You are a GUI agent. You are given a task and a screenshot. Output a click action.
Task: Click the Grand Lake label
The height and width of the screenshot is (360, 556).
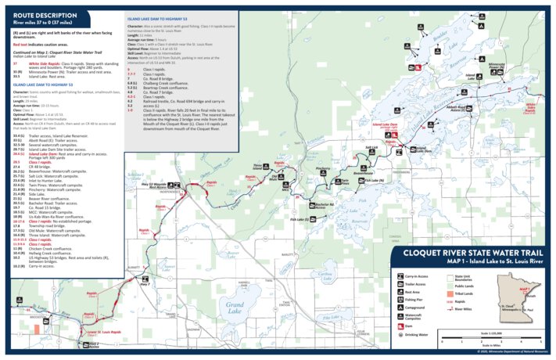pos(234,305)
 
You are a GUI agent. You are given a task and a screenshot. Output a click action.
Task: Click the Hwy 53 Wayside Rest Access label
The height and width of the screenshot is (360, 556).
pos(157,185)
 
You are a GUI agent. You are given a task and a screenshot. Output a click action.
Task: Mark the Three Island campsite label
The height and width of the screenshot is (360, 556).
pos(257,166)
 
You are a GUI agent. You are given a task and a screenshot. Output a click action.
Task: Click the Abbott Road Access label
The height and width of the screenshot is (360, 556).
pos(479,109)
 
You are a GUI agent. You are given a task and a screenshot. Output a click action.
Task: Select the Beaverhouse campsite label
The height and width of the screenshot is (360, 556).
pos(362,172)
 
